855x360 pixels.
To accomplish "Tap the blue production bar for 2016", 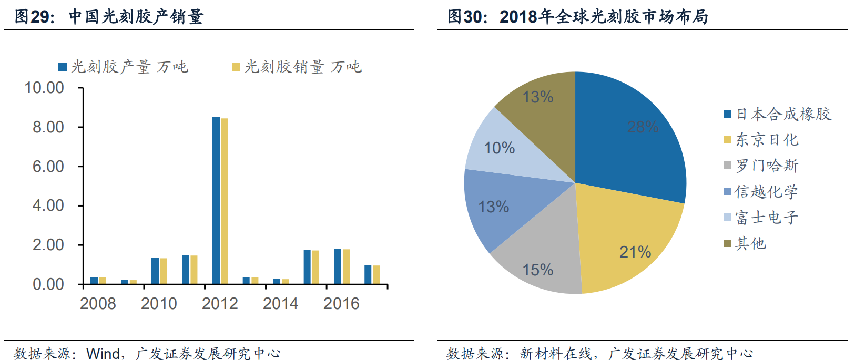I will [x=338, y=266].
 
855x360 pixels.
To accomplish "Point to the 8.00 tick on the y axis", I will [x=48, y=127].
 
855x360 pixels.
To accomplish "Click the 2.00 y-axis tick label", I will [x=48, y=245].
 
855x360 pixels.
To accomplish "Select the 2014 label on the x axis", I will [x=280, y=303].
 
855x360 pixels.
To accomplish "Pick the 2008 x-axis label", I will [x=98, y=303].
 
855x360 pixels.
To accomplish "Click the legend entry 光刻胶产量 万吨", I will [x=124, y=67].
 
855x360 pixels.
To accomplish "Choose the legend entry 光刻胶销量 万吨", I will [x=298, y=67].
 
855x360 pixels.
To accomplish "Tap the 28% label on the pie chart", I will [x=643, y=127].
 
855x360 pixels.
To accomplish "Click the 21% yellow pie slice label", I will [x=635, y=252].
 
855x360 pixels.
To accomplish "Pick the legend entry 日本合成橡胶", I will [x=778, y=114].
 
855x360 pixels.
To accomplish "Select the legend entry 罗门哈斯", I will [x=762, y=166].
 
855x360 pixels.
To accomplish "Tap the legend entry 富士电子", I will [x=762, y=218].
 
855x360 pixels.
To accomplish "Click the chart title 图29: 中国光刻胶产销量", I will [x=109, y=17].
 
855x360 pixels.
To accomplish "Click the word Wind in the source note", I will [x=104, y=353].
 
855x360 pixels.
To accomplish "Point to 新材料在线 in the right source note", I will [x=556, y=353].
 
